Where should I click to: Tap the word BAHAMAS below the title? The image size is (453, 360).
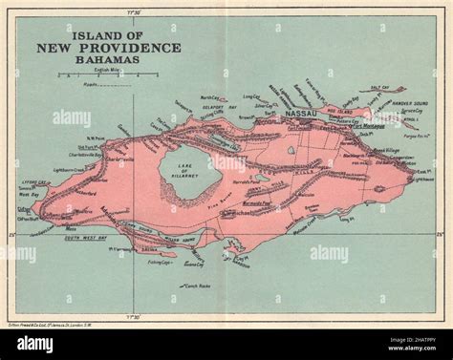(x=108, y=59)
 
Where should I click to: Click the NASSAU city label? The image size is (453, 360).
(x=303, y=113)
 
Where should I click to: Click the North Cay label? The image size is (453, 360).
(x=209, y=97)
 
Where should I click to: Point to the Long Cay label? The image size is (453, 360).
(x=251, y=95)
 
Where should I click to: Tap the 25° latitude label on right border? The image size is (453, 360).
(x=440, y=233)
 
